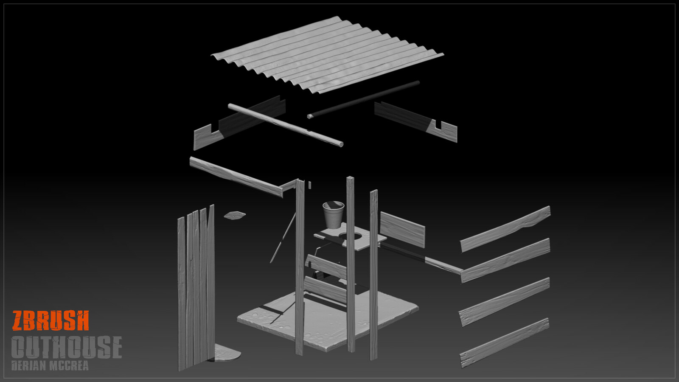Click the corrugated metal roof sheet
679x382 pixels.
(327, 55)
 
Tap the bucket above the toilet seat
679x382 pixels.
(333, 214)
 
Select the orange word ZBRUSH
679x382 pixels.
(51, 321)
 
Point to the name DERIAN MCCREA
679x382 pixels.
(50, 366)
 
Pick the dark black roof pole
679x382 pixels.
(363, 99)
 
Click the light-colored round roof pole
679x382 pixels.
(285, 125)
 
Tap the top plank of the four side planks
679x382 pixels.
(505, 229)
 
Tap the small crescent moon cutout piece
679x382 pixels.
(234, 215)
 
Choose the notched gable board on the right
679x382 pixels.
(416, 121)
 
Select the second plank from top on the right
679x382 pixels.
(505, 261)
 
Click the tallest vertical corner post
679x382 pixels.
(351, 263)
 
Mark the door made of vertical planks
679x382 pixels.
(196, 289)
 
